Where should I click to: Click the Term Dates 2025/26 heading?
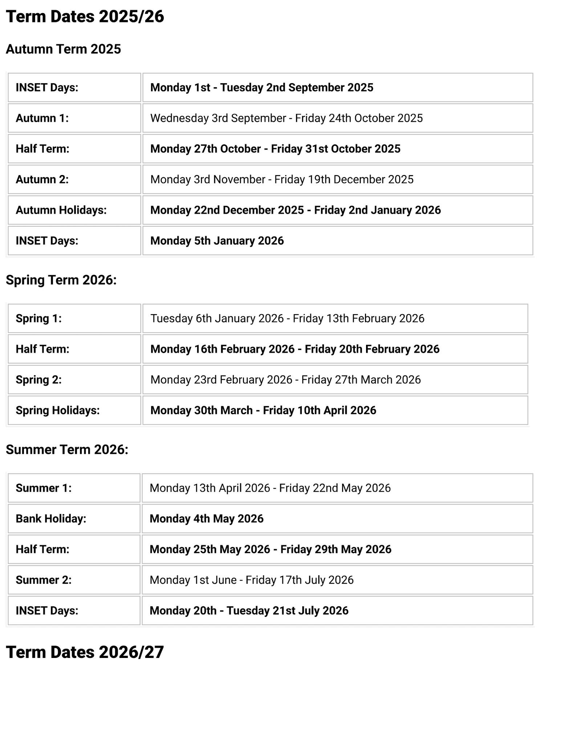coord(85,17)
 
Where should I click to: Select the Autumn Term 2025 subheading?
coord(63,49)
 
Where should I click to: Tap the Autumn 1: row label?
coord(42,118)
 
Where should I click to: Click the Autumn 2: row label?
coord(42,179)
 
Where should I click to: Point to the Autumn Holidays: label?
coord(61,210)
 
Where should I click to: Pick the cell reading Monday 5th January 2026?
coord(217,241)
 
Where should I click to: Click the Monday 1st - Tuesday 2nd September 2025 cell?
coord(261,88)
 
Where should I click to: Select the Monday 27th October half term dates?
coord(275,149)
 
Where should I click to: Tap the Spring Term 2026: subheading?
coord(61,280)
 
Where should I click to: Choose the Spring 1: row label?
coord(38,318)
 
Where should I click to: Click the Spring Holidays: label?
coord(57,410)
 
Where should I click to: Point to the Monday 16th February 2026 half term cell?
coord(294,349)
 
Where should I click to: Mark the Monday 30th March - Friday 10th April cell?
coord(263,410)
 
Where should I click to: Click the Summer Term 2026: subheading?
coord(67,450)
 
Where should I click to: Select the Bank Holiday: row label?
coord(51,519)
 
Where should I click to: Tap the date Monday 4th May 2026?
coord(206,519)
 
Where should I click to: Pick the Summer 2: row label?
coord(44,580)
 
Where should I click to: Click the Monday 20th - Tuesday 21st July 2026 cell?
coord(249,611)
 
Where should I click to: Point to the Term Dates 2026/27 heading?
coord(85,653)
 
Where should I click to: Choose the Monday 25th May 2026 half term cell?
coord(270,549)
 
